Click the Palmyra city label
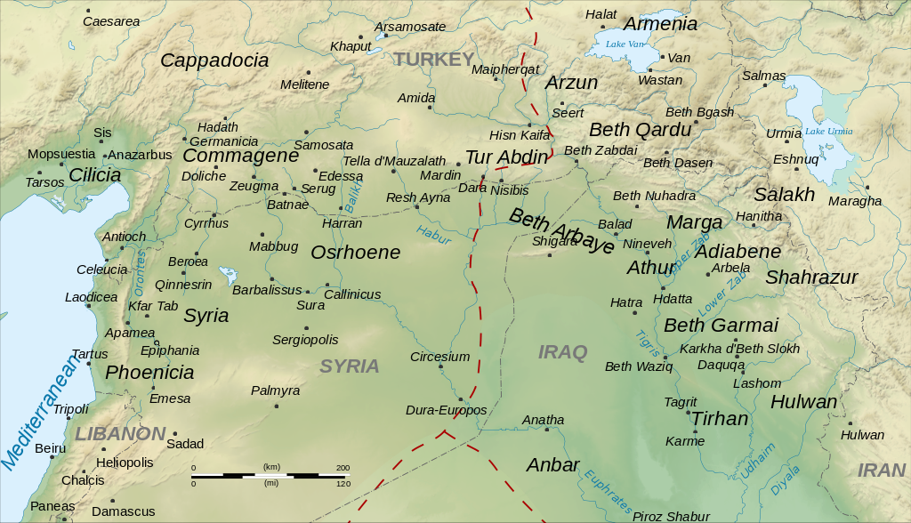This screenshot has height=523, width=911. pyautogui.click(x=275, y=390)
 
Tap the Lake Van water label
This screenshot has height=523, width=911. pyautogui.click(x=624, y=44)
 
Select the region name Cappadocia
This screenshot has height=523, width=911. pyautogui.click(x=214, y=60)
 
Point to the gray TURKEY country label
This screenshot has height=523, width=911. pyautogui.click(x=434, y=60)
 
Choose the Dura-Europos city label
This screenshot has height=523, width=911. pyautogui.click(x=446, y=410)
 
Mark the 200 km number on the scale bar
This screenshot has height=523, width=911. pyautogui.click(x=343, y=467)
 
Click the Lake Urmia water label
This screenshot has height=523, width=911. pyautogui.click(x=828, y=131)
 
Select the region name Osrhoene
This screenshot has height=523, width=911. pyautogui.click(x=355, y=253)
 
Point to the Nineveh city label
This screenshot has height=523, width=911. pyautogui.click(x=647, y=243)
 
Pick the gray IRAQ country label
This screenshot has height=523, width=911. pyautogui.click(x=563, y=352)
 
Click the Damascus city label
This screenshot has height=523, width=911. pyautogui.click(x=123, y=511)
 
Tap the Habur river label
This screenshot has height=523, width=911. pyautogui.click(x=433, y=234)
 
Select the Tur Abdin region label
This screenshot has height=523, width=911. pyautogui.click(x=506, y=157)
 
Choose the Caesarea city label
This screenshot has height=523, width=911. pyautogui.click(x=111, y=20)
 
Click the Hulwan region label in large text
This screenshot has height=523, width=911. pyautogui.click(x=803, y=402)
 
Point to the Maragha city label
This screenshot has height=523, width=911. pyautogui.click(x=854, y=201)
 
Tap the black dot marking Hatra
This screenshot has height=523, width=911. pyautogui.click(x=633, y=312)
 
